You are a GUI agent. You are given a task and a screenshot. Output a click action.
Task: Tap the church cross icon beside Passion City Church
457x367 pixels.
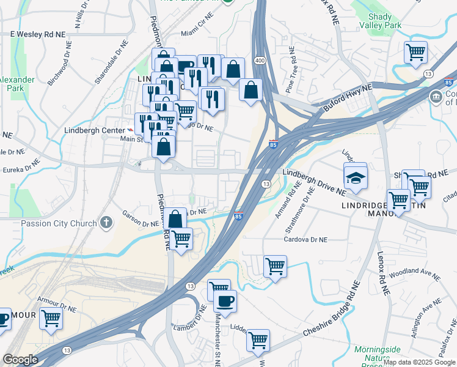[106, 222]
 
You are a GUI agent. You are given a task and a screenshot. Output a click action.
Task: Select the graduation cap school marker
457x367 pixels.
[355, 177]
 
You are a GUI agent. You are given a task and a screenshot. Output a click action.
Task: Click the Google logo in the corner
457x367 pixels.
[20, 360]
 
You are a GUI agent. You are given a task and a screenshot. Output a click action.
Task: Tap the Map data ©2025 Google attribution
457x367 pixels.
[419, 362]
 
